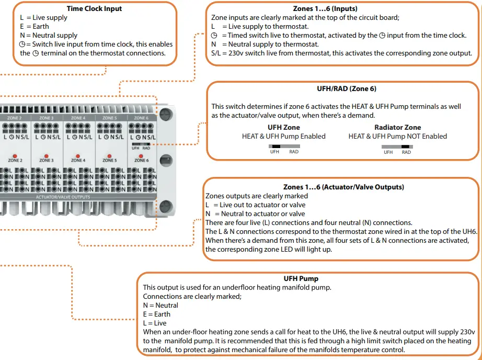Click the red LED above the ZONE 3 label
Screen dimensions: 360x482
[x=46, y=156]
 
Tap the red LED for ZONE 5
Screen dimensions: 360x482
[x=110, y=156]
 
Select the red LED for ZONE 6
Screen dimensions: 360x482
[x=141, y=156]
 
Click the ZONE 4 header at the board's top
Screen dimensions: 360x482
[x=78, y=118]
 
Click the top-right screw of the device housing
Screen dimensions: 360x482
[x=167, y=113]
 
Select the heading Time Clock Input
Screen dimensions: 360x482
[x=95, y=9]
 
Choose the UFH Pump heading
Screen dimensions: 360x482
[x=301, y=279]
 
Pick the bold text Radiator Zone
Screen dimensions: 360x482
[x=397, y=127]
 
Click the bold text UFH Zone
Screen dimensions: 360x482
[x=283, y=127]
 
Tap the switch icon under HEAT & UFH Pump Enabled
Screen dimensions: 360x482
[x=284, y=147]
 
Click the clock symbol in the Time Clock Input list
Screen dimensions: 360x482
[x=21, y=44]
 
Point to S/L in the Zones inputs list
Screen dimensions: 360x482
[x=216, y=53]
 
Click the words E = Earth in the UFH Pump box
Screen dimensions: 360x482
[x=157, y=314]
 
